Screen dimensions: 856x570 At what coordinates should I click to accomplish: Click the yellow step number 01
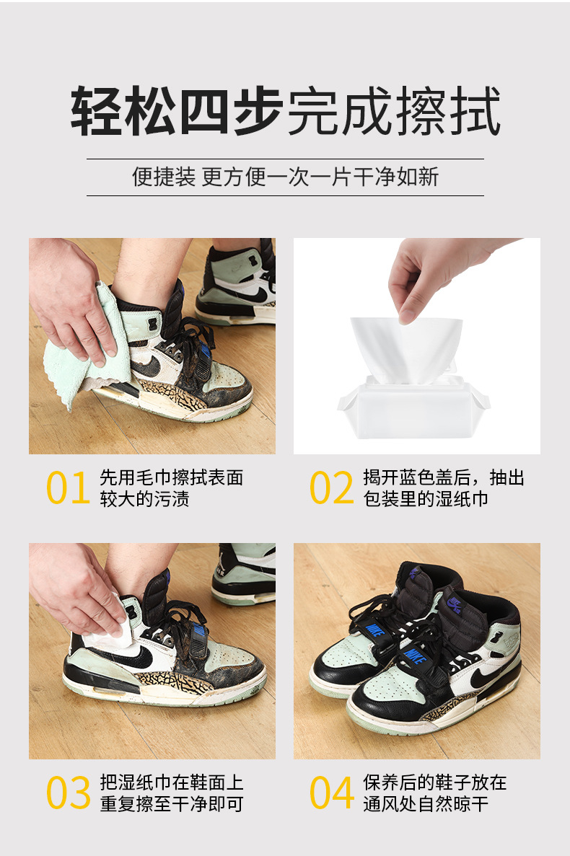(x=69, y=488)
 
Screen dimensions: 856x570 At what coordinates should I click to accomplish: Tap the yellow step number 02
(x=332, y=488)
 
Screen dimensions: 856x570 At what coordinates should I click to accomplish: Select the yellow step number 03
(x=69, y=793)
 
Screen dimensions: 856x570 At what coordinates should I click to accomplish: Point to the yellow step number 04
(x=332, y=793)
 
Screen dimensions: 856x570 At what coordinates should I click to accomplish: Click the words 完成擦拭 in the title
(x=393, y=112)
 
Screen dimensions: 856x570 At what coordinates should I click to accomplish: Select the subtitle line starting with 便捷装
(x=285, y=177)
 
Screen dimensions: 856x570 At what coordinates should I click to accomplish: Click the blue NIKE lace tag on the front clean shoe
(x=413, y=657)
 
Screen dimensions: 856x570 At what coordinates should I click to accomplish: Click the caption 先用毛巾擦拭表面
(x=171, y=478)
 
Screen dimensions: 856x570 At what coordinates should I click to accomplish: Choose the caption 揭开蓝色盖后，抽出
(x=443, y=478)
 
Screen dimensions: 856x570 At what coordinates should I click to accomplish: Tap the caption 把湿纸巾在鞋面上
(x=171, y=783)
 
